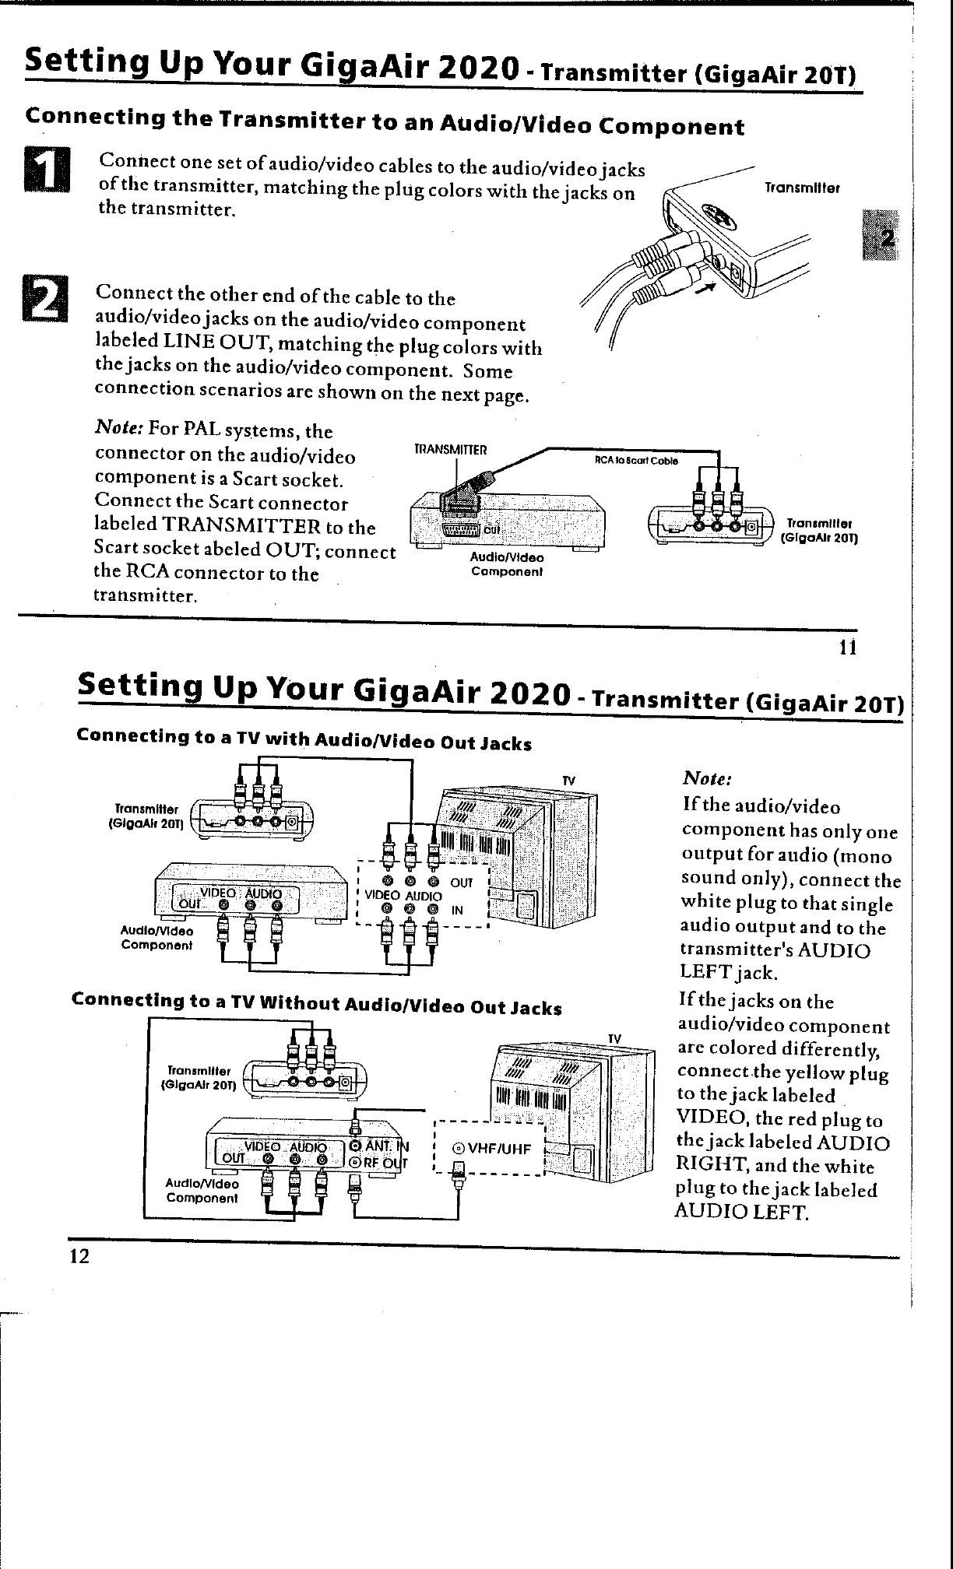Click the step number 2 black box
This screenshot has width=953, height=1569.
coord(49,300)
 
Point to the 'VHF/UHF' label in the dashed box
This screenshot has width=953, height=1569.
coord(493,1149)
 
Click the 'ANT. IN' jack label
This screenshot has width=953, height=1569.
coord(382,1146)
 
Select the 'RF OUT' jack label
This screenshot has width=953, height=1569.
coord(382,1163)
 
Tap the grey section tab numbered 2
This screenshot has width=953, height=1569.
coord(881,237)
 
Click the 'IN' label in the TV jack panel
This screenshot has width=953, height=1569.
coord(459,910)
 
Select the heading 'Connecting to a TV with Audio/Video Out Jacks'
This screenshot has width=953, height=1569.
coord(304,739)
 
